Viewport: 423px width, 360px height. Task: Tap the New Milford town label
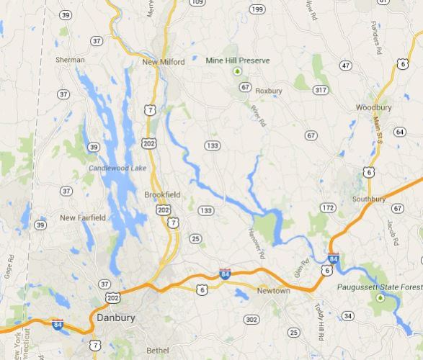point(163,62)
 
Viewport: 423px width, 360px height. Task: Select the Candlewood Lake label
point(117,168)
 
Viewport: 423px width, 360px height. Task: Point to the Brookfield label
point(162,194)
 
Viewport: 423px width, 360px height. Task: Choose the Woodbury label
point(373,107)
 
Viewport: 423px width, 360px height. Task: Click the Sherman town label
point(70,60)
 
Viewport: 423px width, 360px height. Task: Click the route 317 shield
point(321,89)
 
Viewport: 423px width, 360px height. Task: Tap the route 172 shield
point(328,207)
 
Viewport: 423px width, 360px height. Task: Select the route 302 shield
point(251,319)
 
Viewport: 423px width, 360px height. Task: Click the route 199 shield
point(257,9)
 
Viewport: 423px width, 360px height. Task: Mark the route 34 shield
point(348,315)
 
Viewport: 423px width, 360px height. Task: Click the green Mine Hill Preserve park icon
point(236,72)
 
